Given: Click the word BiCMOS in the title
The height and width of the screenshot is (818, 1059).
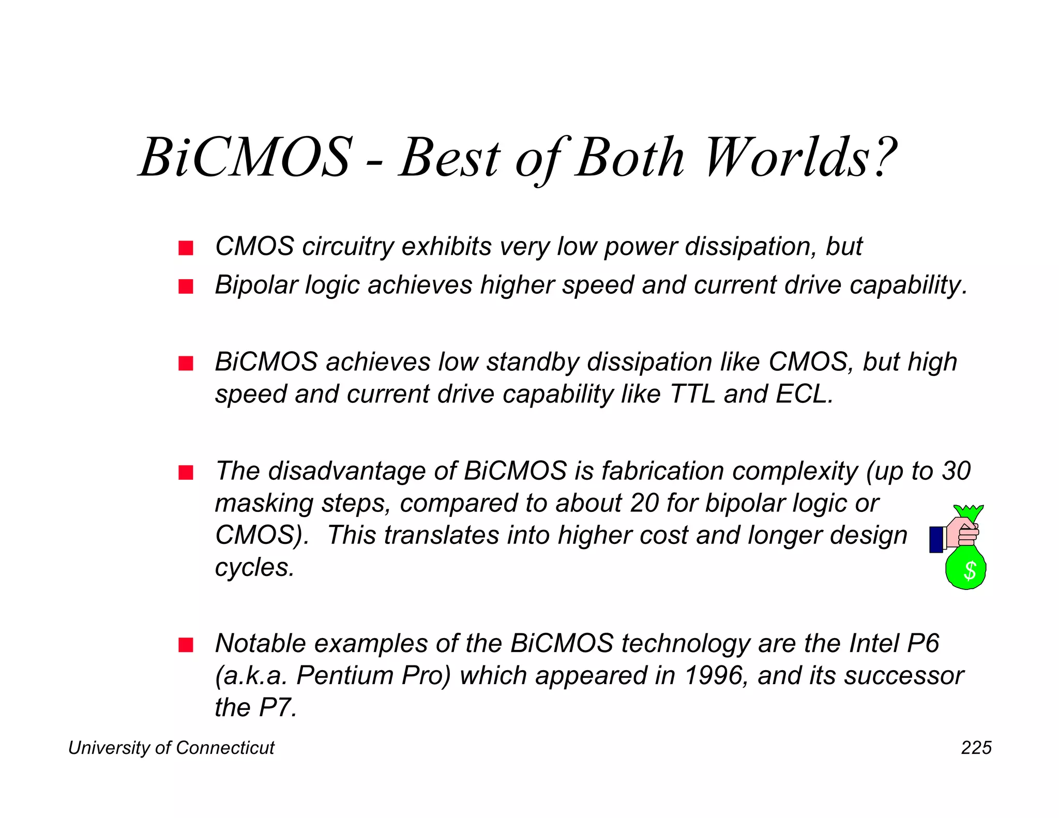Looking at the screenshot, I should point(246,158).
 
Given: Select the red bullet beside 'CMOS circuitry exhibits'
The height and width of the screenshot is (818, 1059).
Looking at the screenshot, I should point(186,248).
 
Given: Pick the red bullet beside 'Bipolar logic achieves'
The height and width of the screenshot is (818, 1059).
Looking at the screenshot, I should point(186,286).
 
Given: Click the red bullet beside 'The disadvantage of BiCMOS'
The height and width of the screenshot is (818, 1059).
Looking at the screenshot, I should point(186,473).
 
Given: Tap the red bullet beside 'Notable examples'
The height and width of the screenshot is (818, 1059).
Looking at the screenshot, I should point(186,645).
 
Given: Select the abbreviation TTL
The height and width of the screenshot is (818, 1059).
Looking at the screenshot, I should point(692,394).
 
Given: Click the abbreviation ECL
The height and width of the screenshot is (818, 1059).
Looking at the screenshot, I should point(804,394).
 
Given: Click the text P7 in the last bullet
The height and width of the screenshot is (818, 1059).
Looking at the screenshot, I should point(277,708).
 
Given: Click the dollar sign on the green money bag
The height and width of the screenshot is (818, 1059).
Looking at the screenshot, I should point(970,571).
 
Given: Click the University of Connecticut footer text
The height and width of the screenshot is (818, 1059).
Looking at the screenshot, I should point(171,748).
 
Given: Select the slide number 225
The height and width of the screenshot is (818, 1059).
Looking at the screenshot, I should point(976,748).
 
